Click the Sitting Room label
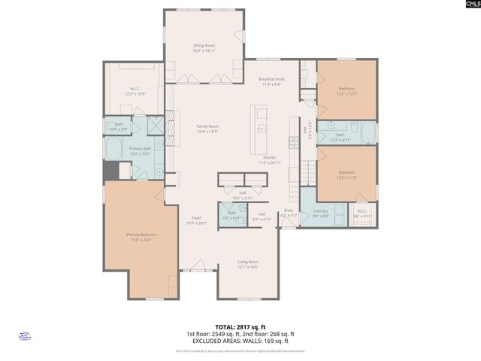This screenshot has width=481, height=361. [x=204, y=48]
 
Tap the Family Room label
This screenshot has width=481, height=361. [x=207, y=129]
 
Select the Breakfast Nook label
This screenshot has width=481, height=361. [x=271, y=82]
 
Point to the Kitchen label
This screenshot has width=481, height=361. [x=269, y=159]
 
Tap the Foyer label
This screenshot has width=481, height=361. [x=195, y=220]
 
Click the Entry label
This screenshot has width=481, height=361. [x=289, y=213]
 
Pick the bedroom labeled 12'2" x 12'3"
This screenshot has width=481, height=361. [x=346, y=91]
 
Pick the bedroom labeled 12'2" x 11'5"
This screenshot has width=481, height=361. [x=346, y=174]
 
